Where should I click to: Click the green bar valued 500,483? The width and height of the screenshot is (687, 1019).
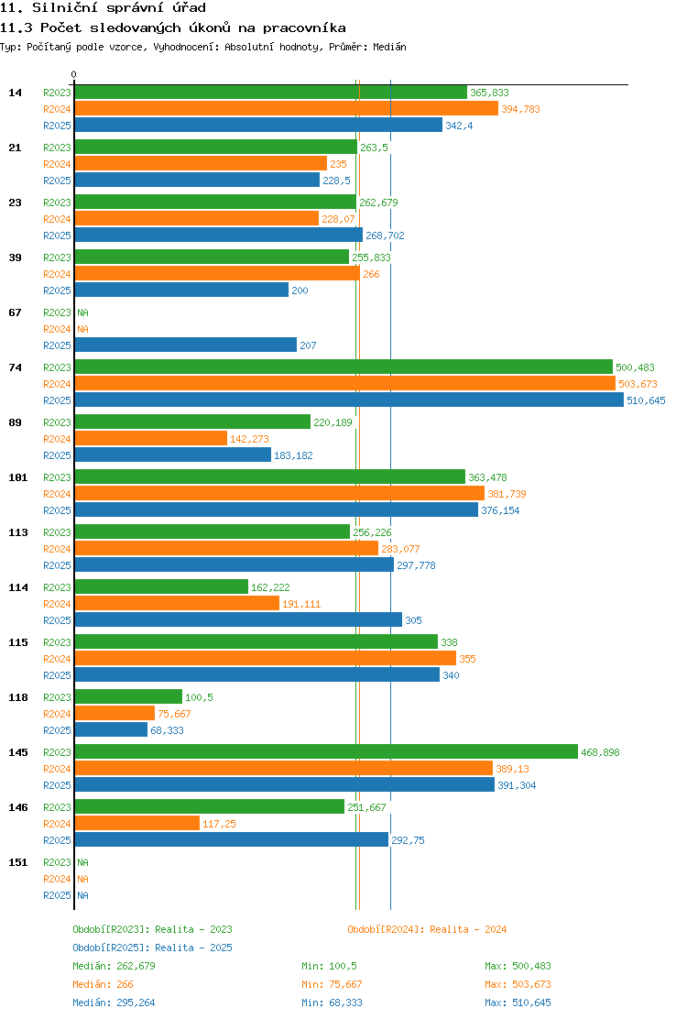(x=343, y=367)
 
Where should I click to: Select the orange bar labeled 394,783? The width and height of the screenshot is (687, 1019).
(x=287, y=109)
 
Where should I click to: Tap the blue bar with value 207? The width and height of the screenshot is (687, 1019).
(x=186, y=345)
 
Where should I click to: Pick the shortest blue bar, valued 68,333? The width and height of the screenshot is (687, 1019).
(x=111, y=729)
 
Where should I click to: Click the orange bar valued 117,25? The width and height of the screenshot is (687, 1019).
(x=137, y=824)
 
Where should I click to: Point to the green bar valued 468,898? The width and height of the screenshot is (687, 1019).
(x=326, y=752)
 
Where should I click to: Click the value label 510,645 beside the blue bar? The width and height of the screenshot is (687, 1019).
(x=646, y=401)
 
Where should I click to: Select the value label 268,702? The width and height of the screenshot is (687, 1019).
(x=385, y=236)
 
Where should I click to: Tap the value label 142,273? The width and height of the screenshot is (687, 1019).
(x=249, y=439)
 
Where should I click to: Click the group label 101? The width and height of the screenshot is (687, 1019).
(x=18, y=477)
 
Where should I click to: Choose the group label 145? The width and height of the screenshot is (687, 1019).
(x=18, y=752)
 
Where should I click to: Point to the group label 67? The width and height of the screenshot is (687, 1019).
(x=15, y=312)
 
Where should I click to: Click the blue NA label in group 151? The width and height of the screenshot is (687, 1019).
(x=83, y=895)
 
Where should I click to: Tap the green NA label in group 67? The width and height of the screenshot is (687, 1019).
(x=83, y=312)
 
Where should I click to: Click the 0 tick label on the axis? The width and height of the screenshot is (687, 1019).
(x=74, y=75)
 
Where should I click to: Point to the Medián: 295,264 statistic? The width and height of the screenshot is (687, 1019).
(x=114, y=1003)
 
